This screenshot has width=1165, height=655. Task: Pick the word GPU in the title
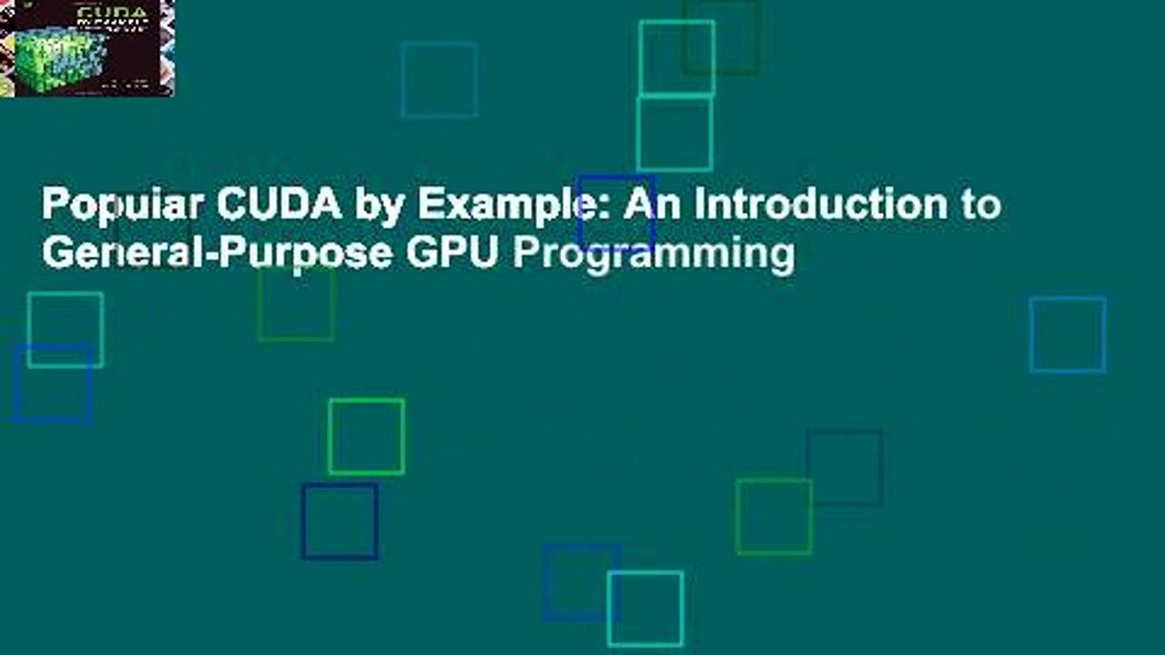click(451, 254)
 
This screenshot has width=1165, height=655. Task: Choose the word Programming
click(653, 256)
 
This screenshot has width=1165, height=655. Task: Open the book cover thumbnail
click(86, 48)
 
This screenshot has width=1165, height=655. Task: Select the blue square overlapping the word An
click(616, 213)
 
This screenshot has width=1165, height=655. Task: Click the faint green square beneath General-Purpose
click(296, 304)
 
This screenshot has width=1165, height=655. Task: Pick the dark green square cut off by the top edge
click(721, 36)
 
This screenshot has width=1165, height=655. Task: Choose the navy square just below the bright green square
click(339, 521)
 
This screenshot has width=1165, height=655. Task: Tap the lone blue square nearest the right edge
click(1068, 335)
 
